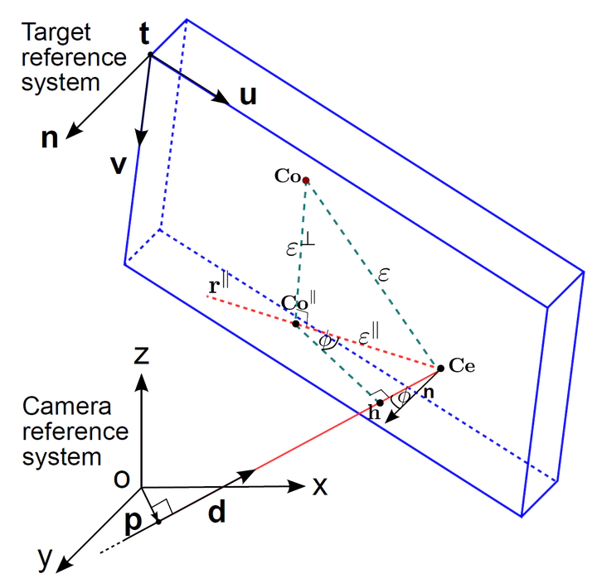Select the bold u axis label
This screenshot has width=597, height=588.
[x=248, y=96]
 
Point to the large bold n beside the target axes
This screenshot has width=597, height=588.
[x=51, y=137]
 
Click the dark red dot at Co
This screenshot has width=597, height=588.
[x=306, y=181]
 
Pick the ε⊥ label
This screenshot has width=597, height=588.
[x=296, y=244]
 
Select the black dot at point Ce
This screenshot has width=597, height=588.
[x=440, y=368]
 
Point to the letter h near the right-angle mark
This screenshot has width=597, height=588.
[x=374, y=413]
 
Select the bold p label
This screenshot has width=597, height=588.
[x=133, y=521]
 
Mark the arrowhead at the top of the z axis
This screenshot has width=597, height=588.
[x=143, y=382]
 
